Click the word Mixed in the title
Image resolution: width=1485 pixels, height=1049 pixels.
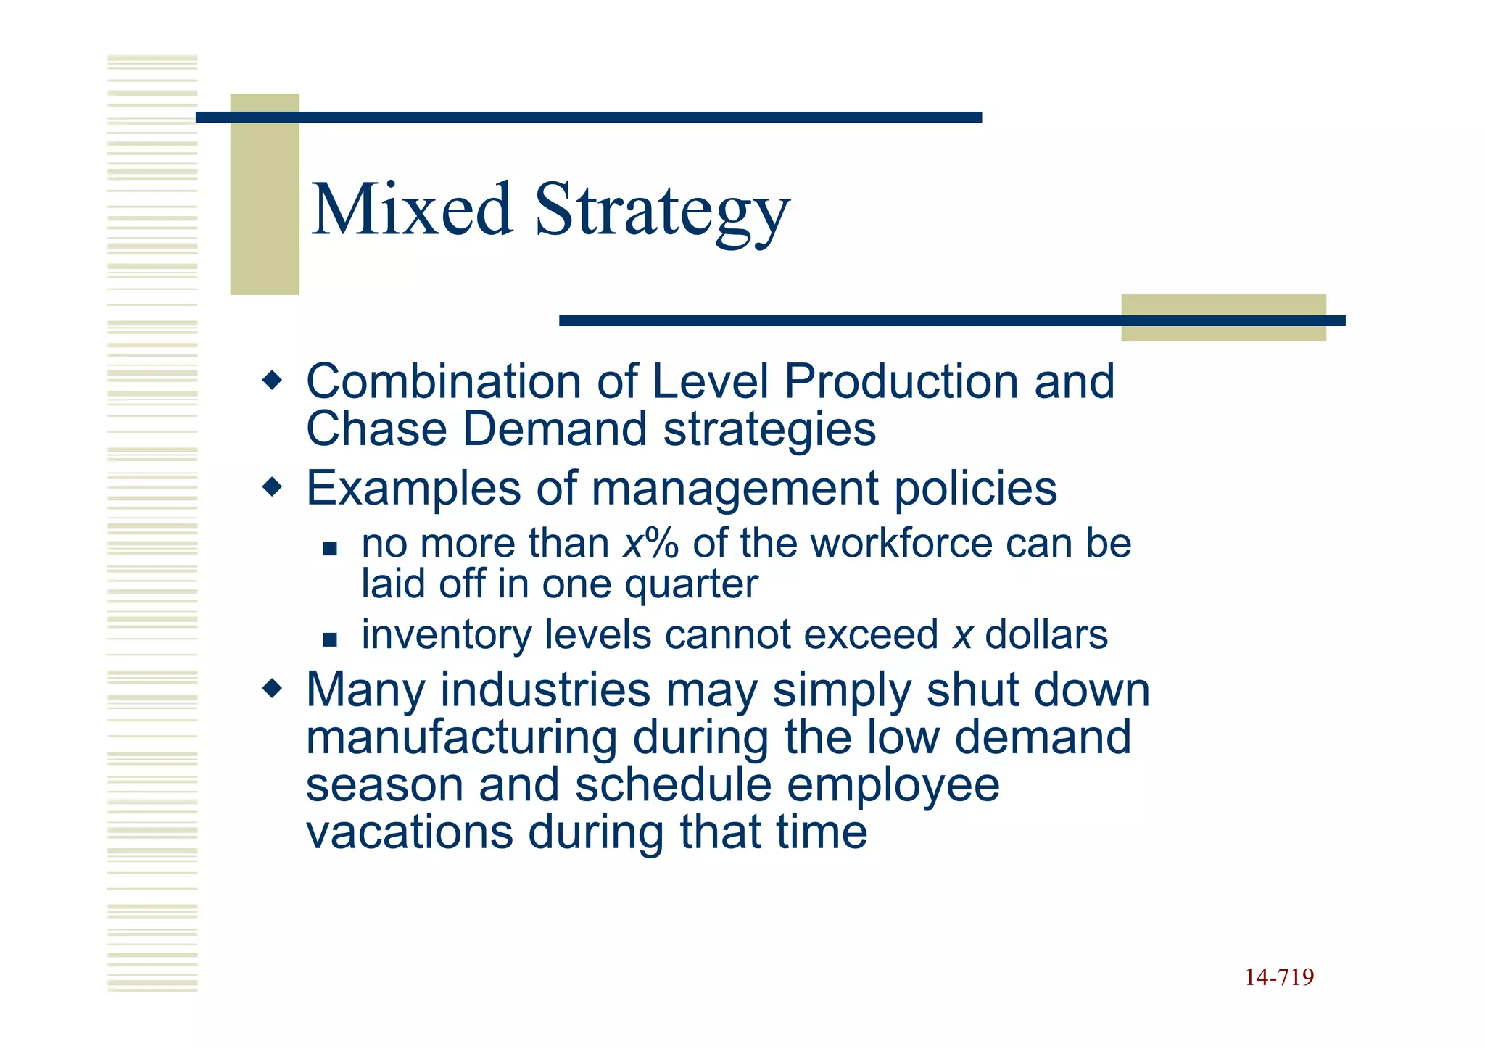pyautogui.click(x=411, y=210)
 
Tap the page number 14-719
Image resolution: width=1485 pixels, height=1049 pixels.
pyautogui.click(x=1279, y=977)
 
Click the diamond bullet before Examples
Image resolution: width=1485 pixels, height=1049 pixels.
pyautogui.click(x=272, y=486)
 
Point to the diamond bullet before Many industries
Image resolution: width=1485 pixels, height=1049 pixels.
pyautogui.click(x=272, y=688)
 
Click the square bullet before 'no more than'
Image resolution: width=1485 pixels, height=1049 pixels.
pyautogui.click(x=331, y=549)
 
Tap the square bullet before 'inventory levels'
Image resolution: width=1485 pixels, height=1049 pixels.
pyautogui.click(x=331, y=639)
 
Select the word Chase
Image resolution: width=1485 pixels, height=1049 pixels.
pyautogui.click(x=376, y=429)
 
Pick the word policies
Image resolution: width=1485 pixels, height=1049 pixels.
pyautogui.click(x=975, y=489)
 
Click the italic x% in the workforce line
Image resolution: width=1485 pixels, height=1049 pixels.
pyautogui.click(x=650, y=544)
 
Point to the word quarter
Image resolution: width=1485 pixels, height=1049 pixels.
pyautogui.click(x=691, y=584)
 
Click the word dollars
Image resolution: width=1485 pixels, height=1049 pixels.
pyautogui.click(x=1046, y=635)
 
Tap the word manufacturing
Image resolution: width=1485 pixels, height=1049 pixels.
pyautogui.click(x=461, y=737)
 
